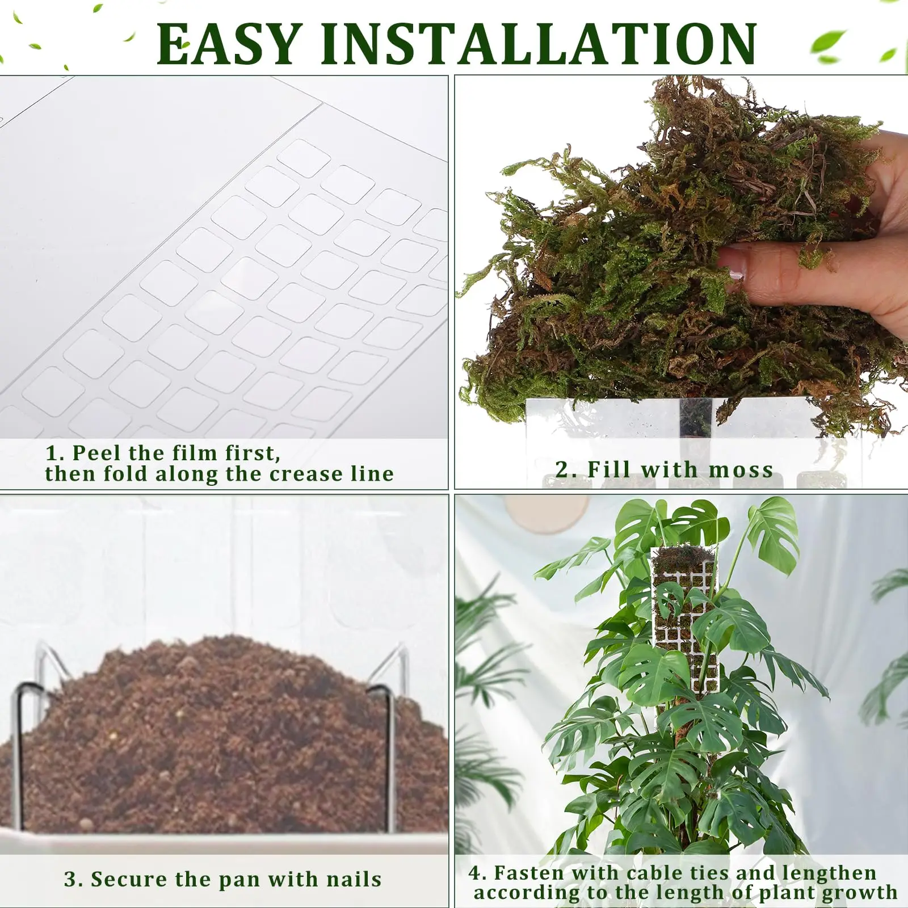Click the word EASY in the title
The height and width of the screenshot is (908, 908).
click(228, 44)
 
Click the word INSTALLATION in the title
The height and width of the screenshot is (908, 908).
click(539, 44)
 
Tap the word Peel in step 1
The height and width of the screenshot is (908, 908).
click(97, 453)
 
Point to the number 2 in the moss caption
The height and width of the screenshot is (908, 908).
click(562, 469)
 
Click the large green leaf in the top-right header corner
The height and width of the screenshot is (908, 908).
click(828, 42)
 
